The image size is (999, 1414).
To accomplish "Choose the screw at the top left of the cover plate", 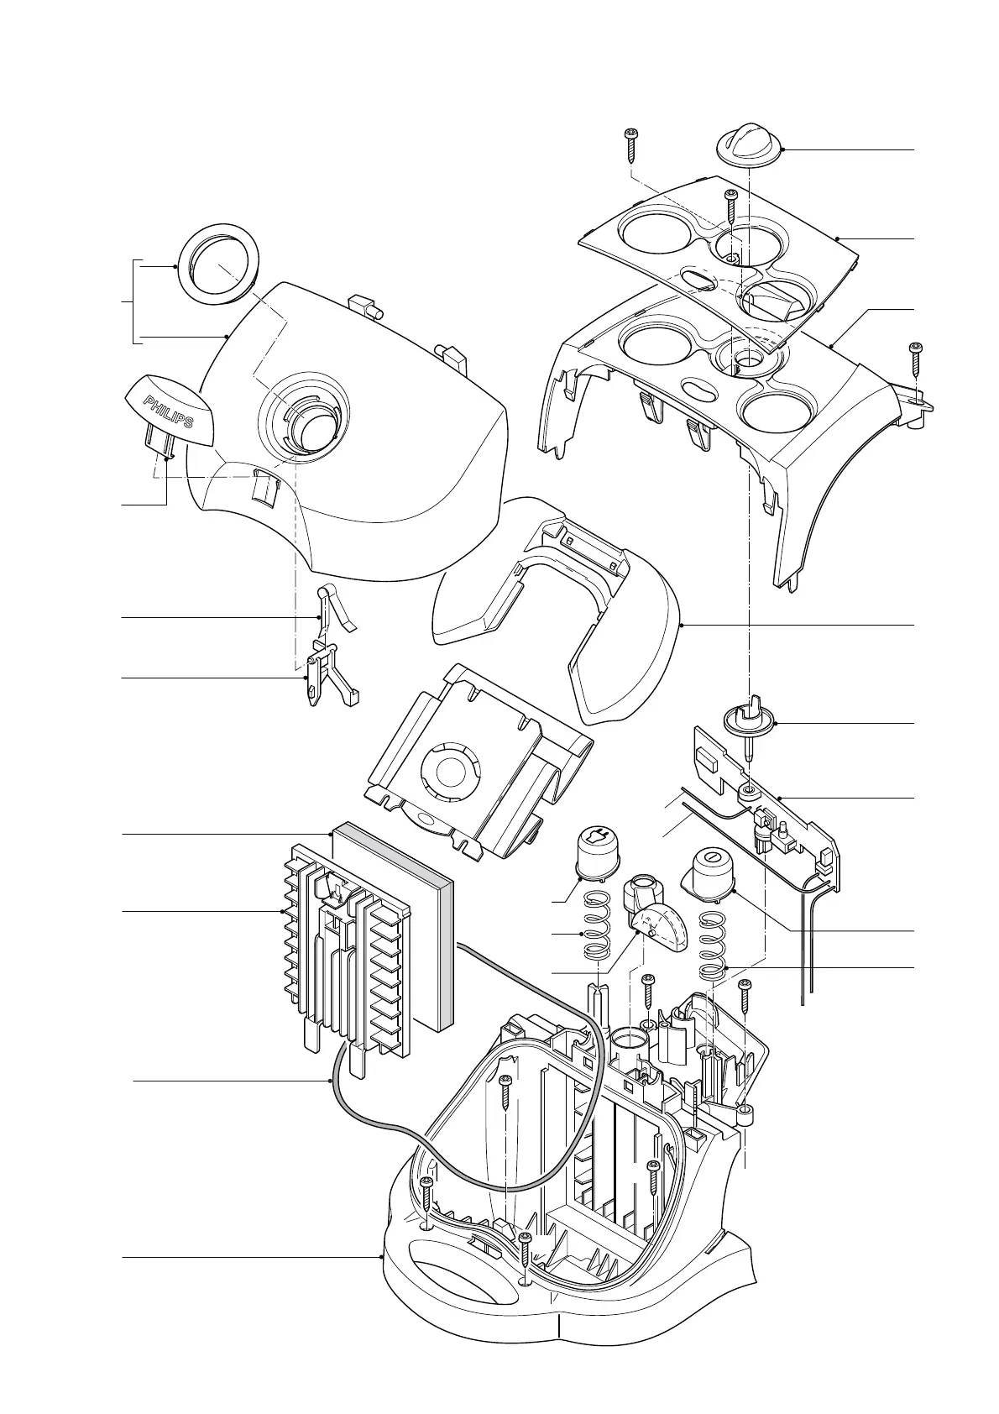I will [x=630, y=145].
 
